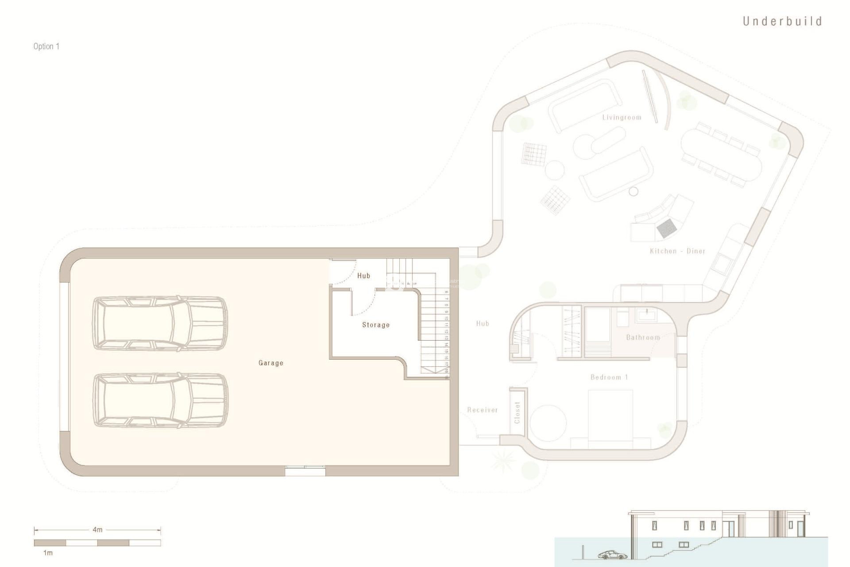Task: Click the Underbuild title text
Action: click(782, 21)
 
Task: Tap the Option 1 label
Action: click(46, 47)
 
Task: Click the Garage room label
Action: click(270, 363)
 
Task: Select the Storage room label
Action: click(376, 325)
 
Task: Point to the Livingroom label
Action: click(622, 117)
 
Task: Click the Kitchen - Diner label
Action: click(677, 251)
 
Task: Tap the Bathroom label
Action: click(643, 338)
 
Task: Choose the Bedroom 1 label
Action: click(609, 377)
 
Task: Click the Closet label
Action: click(518, 412)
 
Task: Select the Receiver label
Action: click(482, 410)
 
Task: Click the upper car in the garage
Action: click(160, 324)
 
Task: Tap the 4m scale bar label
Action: click(97, 529)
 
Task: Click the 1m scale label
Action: click(47, 553)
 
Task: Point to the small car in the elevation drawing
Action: click(612, 555)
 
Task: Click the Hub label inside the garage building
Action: click(363, 276)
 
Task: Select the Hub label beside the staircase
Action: click(483, 323)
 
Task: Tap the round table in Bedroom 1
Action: click(549, 422)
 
